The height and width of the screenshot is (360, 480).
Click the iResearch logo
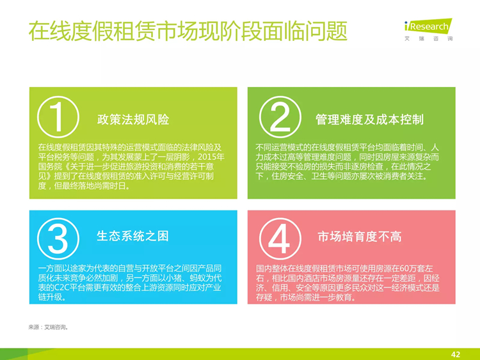pyautogui.click(x=428, y=29)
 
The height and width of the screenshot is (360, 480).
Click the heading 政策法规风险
pyautogui.click(x=133, y=120)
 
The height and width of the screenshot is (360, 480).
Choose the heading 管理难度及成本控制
pyautogui.click(x=369, y=120)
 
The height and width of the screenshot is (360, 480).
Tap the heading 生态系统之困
pyautogui.click(x=132, y=236)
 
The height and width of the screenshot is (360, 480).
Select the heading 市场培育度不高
pyautogui.click(x=360, y=237)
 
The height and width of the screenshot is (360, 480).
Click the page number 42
pyautogui.click(x=456, y=354)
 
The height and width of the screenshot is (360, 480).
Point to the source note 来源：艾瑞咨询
pyautogui.click(x=48, y=327)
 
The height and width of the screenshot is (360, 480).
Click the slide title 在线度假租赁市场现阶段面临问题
pyautogui.click(x=188, y=31)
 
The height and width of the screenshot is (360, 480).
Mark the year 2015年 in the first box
pyautogui.click(x=211, y=157)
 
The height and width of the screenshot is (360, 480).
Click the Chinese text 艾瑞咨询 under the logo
pyautogui.click(x=429, y=38)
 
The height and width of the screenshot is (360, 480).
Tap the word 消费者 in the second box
pyautogui.click(x=395, y=176)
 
